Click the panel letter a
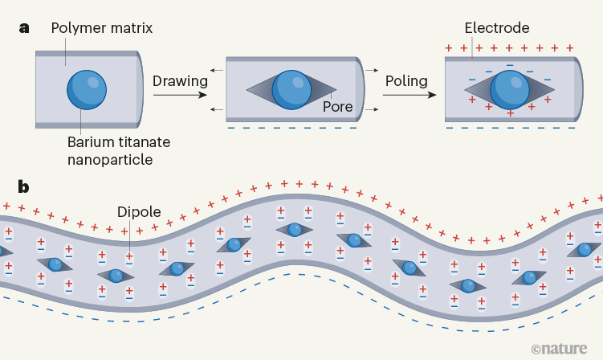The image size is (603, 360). point(24,28)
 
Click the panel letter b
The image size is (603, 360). point(25,187)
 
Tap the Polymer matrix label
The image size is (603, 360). point(101,29)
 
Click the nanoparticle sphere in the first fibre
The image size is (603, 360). point(86,88)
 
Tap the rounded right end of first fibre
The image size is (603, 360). point(140,88)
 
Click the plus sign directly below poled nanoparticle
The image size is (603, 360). point(511,113)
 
